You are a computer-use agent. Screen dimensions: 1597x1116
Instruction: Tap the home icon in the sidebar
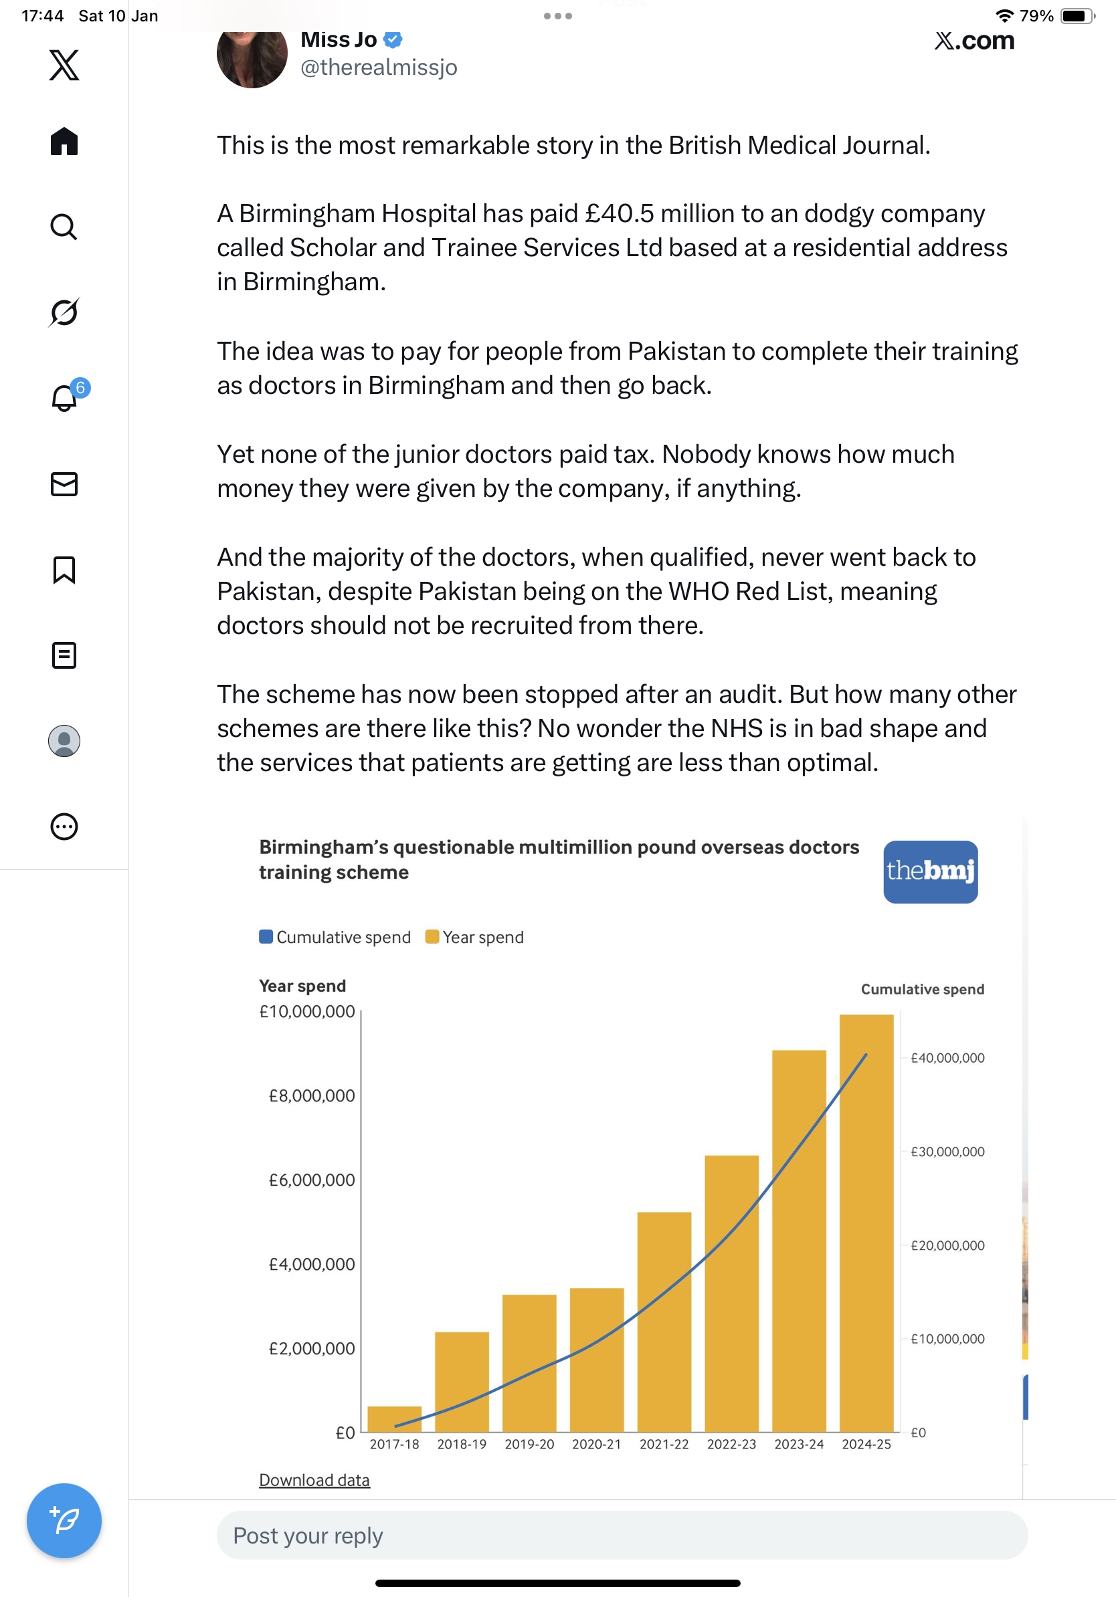[64, 142]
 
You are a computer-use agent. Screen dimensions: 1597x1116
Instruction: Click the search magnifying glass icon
[64, 227]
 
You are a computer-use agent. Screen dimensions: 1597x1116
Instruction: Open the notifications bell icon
[64, 398]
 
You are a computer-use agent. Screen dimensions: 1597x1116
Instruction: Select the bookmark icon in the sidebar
[64, 570]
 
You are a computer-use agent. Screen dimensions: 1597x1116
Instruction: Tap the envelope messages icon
[64, 484]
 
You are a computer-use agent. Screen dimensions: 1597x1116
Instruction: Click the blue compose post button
[64, 1521]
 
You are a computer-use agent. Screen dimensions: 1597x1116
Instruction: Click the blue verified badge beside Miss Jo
[393, 39]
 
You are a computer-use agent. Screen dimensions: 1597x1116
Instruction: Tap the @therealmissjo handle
[379, 68]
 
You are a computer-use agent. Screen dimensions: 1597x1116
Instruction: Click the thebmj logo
[930, 871]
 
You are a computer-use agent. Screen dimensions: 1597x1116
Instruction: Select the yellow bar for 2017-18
[395, 1419]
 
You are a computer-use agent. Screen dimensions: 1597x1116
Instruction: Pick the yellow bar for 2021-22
[664, 1321]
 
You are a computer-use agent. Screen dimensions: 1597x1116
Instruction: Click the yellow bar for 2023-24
[799, 1242]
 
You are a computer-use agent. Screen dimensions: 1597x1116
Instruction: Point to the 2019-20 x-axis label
[529, 1445]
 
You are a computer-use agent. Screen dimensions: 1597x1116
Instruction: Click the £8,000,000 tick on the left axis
[312, 1096]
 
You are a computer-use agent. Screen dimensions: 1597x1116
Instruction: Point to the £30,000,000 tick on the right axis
[947, 1152]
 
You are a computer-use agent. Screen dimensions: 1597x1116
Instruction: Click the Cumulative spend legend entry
[335, 938]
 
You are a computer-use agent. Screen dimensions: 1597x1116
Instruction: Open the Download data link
[314, 1480]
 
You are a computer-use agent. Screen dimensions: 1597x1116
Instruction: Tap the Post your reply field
[622, 1535]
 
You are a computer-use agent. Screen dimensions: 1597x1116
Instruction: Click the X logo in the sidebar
[64, 66]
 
